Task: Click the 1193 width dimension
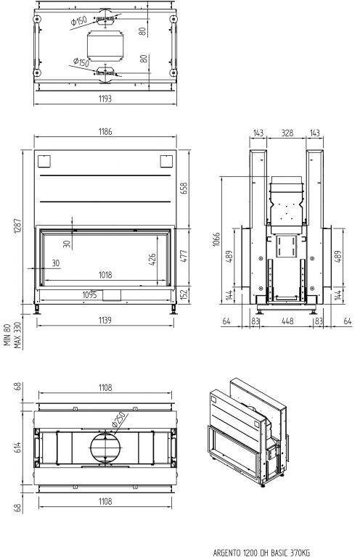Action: click(105, 99)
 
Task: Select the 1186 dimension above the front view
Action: click(105, 131)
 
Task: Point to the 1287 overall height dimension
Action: click(17, 226)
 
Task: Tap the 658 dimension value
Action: click(184, 188)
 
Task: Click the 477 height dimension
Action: click(184, 256)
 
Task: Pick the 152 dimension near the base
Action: click(184, 295)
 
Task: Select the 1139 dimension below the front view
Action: click(105, 320)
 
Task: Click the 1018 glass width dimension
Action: click(105, 275)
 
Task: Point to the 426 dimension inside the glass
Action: click(152, 260)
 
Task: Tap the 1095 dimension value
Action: click(89, 295)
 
